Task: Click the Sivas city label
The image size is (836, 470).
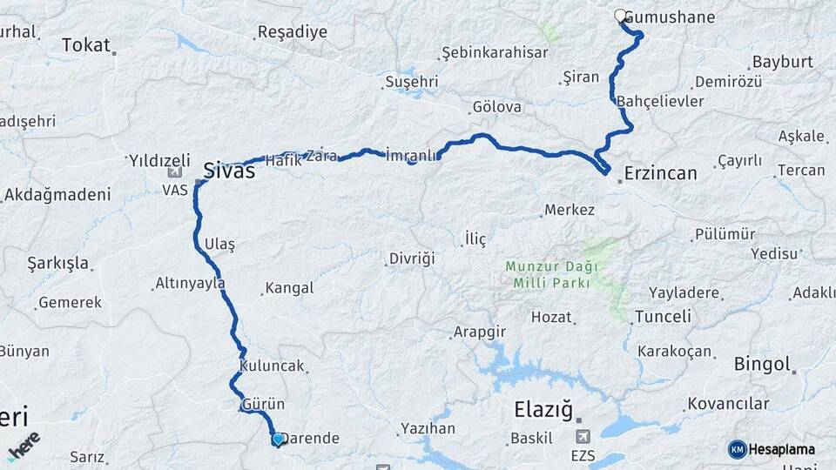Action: [229, 171]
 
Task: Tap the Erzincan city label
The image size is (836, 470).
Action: [660, 173]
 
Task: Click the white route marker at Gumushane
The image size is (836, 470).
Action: [620, 16]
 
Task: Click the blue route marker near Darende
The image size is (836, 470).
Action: [278, 440]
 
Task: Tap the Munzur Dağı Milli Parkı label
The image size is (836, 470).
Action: [548, 275]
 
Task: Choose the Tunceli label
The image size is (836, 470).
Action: [663, 316]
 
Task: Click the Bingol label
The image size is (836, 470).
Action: [762, 364]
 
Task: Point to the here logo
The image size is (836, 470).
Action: [24, 446]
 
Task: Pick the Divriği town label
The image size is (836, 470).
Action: [410, 258]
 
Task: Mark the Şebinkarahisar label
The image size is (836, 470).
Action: [495, 52]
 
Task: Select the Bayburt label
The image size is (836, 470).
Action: [782, 63]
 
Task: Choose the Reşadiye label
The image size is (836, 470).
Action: [292, 32]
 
